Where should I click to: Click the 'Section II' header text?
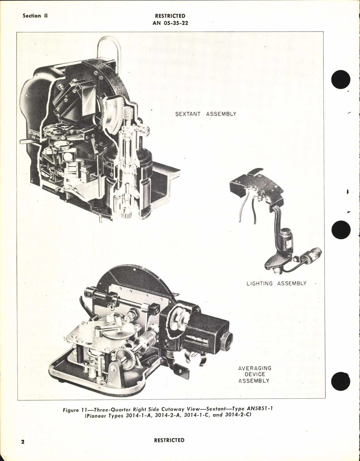[x=35, y=16]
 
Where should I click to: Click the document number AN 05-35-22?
[x=170, y=23]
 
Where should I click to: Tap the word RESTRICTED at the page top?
[x=170, y=16]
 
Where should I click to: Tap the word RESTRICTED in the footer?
[x=169, y=440]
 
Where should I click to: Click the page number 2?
[x=23, y=441]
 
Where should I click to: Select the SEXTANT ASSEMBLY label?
[x=206, y=114]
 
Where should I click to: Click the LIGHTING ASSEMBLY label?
[x=276, y=283]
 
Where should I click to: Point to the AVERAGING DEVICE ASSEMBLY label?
[x=254, y=374]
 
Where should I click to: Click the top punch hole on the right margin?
[x=341, y=80]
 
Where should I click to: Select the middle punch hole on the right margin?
[x=341, y=230]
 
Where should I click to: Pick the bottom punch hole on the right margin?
[x=340, y=381]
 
